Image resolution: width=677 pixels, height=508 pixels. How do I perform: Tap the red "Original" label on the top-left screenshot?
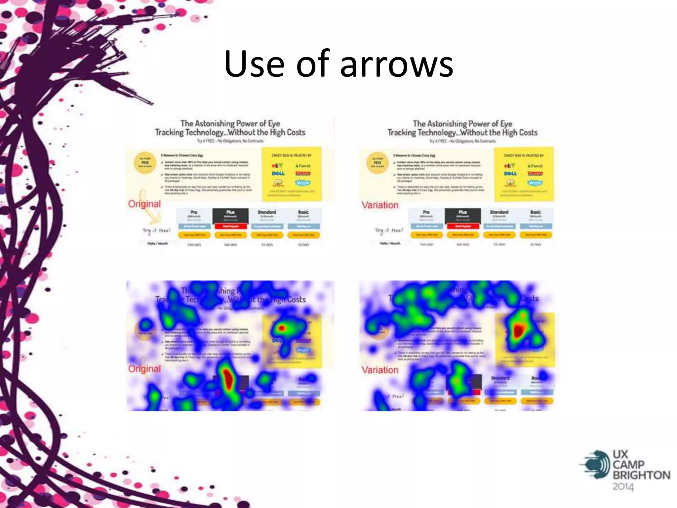tap(144, 204)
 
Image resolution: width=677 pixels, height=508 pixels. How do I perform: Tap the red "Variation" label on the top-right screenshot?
tap(380, 205)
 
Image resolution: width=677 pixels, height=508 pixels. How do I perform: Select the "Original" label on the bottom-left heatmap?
tap(144, 368)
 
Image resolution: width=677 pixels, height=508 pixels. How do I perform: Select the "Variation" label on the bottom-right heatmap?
tap(380, 370)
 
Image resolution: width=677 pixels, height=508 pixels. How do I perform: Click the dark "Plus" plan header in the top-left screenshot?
tap(230, 215)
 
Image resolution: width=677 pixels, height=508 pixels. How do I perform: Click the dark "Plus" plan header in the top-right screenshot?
tap(463, 215)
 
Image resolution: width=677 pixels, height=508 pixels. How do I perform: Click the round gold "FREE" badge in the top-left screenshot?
tap(145, 163)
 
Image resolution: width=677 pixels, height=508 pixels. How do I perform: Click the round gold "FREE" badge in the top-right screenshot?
tap(378, 163)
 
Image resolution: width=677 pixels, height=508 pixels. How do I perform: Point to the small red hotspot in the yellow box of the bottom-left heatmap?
tap(281, 328)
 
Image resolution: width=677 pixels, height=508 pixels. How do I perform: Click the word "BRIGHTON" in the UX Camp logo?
tap(641, 475)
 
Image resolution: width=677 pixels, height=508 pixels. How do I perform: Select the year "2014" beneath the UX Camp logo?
tap(623, 487)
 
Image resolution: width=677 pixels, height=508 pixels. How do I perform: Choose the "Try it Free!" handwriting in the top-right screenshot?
tap(389, 230)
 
